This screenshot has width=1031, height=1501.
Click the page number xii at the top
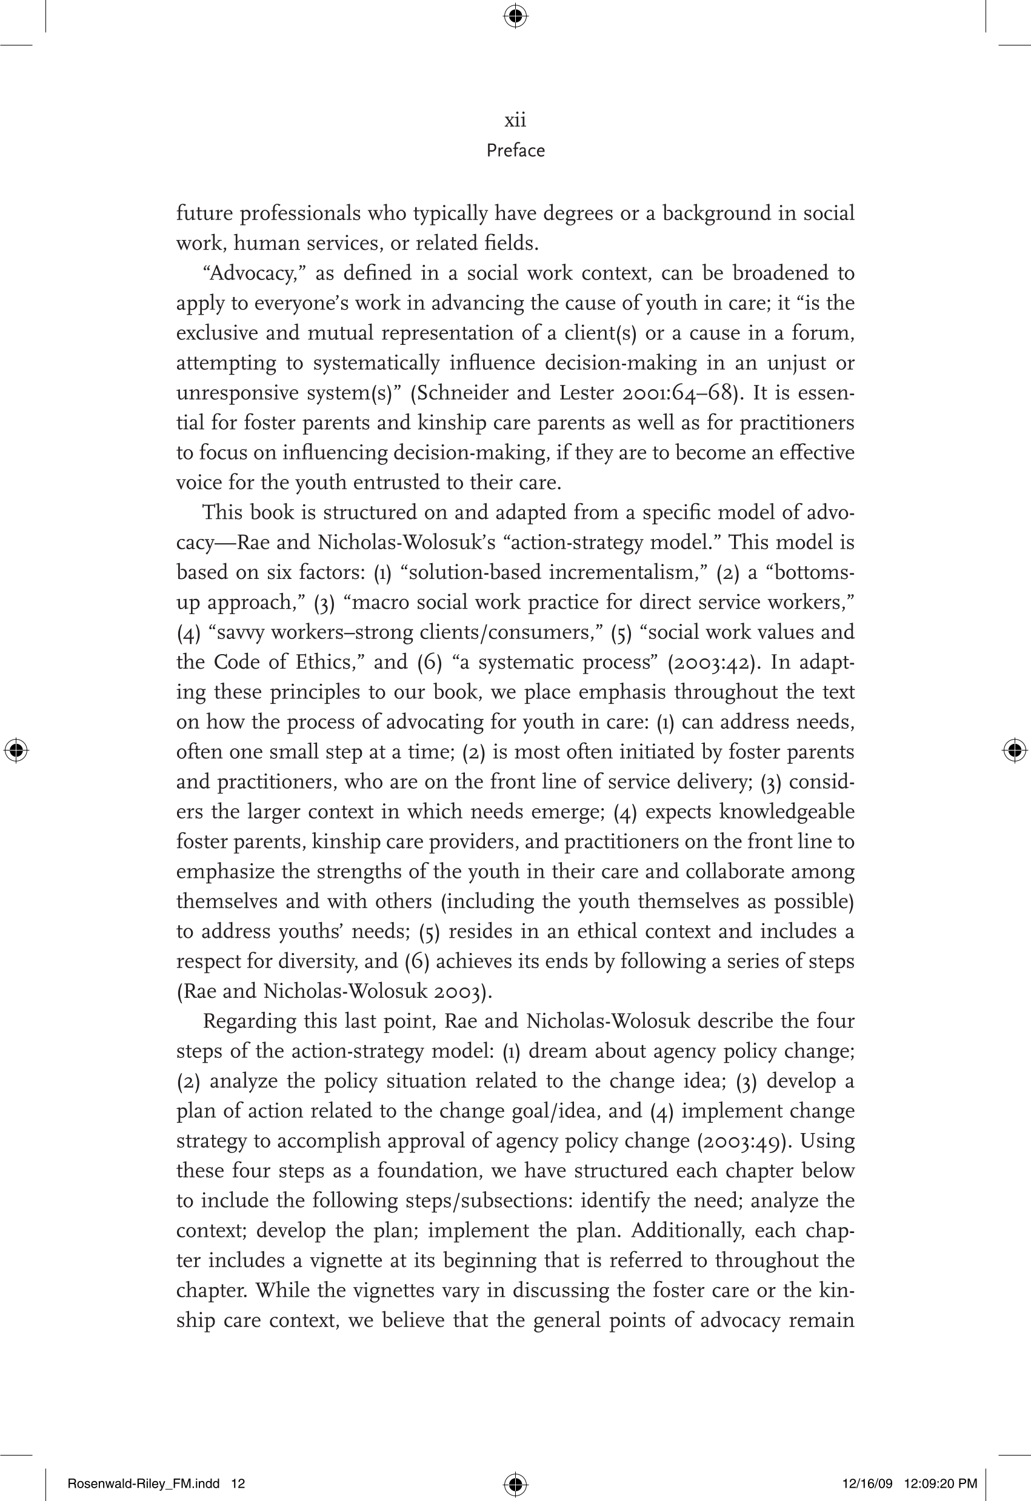pos(515,120)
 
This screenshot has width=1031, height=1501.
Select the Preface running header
pos(515,150)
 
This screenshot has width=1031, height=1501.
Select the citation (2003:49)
pos(744,1140)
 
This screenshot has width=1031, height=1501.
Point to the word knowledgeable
pos(786,811)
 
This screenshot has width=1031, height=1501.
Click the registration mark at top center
pos(515,16)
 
